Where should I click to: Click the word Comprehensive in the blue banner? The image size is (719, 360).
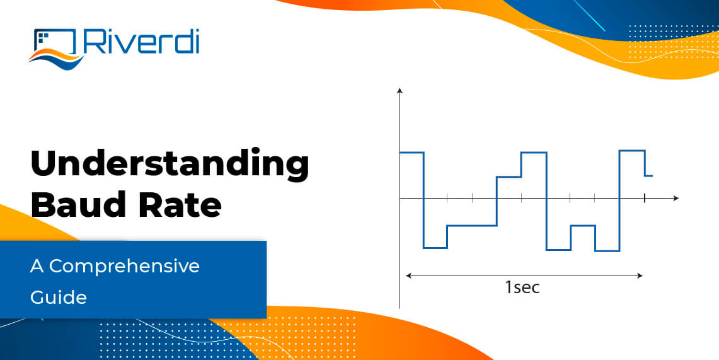[x=124, y=266]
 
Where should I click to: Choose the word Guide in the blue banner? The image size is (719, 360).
[x=59, y=296]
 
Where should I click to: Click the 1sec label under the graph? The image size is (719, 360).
[x=522, y=288]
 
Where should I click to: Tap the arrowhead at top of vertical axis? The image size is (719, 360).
[x=400, y=92]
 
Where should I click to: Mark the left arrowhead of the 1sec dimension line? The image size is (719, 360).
[x=409, y=276]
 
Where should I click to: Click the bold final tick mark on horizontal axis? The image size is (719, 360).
[x=644, y=198]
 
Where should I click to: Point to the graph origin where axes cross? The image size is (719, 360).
[x=400, y=198]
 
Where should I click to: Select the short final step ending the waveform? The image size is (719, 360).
[x=648, y=176]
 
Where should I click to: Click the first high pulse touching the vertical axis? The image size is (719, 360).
[x=411, y=153]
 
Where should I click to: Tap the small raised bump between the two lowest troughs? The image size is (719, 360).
[x=583, y=226]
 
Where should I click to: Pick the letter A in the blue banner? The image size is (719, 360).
[x=37, y=266]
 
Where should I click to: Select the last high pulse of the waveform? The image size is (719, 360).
[x=632, y=151]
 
